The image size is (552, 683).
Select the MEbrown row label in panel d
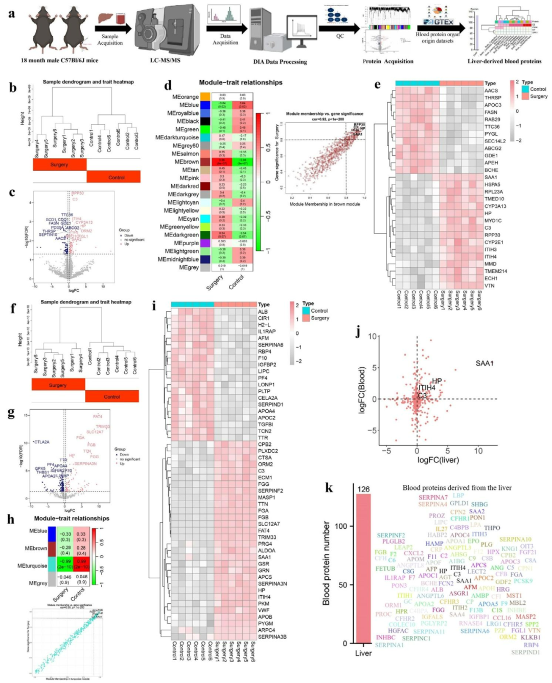coord(187,162)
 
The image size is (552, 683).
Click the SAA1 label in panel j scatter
coord(485,363)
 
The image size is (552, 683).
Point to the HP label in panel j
coord(437,381)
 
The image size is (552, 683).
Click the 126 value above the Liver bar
coord(363,489)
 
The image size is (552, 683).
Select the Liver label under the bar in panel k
coord(363,653)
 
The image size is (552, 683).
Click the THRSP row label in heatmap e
coord(493,98)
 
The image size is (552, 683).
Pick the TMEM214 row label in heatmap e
coord(496,271)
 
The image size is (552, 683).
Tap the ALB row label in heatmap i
coord(263,312)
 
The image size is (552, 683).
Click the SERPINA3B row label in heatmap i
coord(272,637)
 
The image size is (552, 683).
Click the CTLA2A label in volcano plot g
coord(41,442)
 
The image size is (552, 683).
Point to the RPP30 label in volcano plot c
coord(78,193)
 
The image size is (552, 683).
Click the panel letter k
coord(329,488)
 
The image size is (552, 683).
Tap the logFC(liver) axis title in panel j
coord(438,460)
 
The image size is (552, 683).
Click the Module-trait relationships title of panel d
coord(240,83)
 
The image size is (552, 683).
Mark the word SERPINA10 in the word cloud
coord(515,539)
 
